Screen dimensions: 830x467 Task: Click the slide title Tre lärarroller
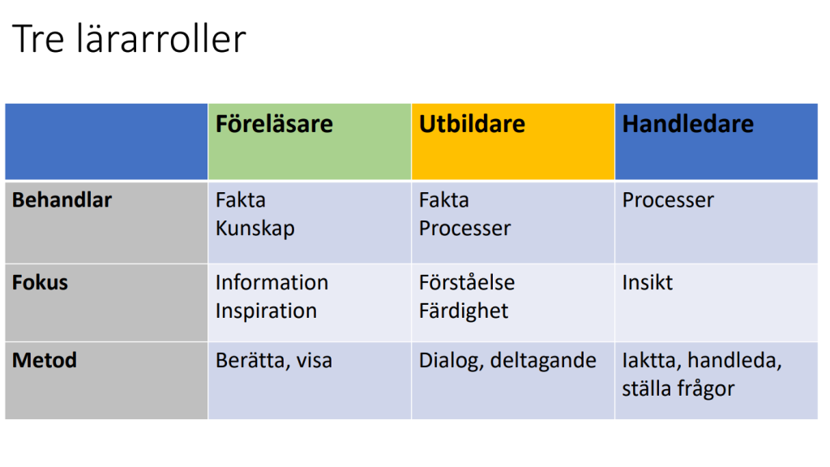pos(129,39)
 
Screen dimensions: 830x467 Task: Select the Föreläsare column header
pos(274,124)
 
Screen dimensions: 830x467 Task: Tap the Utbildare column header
pos(473,124)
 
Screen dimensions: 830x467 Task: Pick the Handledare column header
pos(687,124)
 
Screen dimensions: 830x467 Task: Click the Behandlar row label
pos(62,200)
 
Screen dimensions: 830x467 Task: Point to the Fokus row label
pos(41,282)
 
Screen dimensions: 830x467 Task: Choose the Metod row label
pos(45,360)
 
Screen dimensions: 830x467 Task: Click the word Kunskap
pos(255,229)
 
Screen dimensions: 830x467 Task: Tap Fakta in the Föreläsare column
pos(241,200)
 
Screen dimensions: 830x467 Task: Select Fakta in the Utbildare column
pos(444,200)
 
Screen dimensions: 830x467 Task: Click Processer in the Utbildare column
pos(464,228)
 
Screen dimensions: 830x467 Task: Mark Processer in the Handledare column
pos(668,200)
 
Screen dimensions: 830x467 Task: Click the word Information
pos(272,282)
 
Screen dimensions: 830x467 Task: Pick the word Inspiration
pos(266,311)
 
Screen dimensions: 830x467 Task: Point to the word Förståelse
pos(467,282)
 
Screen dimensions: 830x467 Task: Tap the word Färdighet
pos(464,311)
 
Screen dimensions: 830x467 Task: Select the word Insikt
pos(648,282)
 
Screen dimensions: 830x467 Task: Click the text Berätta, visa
pos(274,361)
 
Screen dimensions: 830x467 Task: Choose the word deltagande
pos(544,361)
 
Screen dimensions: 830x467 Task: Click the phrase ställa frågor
pos(678,389)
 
